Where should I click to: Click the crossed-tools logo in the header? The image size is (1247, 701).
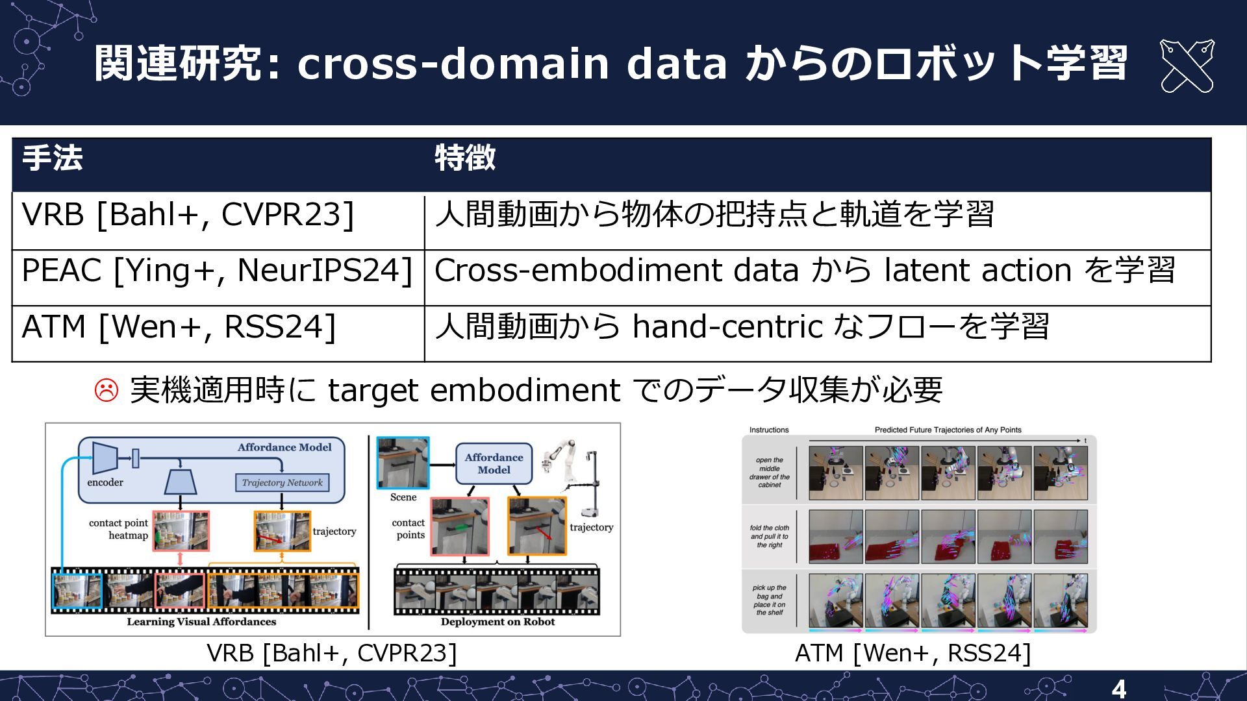(x=1187, y=66)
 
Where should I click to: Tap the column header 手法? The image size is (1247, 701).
(x=53, y=158)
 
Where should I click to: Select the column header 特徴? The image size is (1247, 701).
(x=465, y=158)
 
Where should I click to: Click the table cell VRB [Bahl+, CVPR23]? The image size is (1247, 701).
(x=188, y=215)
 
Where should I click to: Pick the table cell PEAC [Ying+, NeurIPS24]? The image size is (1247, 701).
(x=217, y=271)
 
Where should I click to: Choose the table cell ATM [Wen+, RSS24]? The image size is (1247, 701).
(x=179, y=326)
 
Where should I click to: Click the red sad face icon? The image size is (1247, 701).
(x=107, y=390)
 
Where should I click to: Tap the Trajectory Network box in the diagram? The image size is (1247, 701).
(x=282, y=483)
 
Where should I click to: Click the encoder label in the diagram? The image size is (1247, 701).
(x=105, y=482)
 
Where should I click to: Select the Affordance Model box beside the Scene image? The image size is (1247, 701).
(x=494, y=463)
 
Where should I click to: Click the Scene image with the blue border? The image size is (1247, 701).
(x=403, y=463)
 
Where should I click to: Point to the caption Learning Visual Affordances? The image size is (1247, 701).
(x=201, y=622)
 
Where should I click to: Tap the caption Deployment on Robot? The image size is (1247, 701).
(x=498, y=622)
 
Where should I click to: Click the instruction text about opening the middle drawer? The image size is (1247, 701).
(x=770, y=473)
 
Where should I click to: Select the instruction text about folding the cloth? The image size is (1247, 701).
(x=770, y=536)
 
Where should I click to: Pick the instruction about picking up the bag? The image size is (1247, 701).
(x=770, y=600)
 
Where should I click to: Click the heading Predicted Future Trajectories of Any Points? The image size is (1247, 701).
(x=948, y=430)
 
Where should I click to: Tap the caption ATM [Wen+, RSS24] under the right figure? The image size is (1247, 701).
(x=913, y=653)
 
